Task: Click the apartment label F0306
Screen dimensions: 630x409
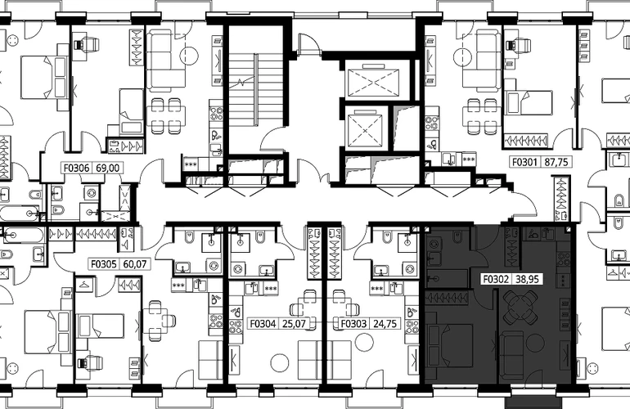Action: pos(77,168)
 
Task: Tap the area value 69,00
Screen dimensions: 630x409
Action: pos(108,168)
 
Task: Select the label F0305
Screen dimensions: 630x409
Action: pos(103,264)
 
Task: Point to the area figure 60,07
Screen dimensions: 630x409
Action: pos(134,264)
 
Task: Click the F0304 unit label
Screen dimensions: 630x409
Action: pos(263,323)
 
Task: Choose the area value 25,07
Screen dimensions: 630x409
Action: pos(294,323)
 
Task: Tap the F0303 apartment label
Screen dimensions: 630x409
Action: pos(354,323)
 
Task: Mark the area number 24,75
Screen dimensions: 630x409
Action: pos(385,323)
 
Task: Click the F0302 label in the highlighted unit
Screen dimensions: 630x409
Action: pos(496,279)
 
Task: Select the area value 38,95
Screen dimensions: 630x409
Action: pos(527,279)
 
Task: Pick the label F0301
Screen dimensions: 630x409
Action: pos(524,162)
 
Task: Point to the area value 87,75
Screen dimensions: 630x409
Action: pos(556,162)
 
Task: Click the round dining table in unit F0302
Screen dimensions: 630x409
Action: pos(520,308)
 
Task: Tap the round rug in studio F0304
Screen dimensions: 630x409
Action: pos(280,362)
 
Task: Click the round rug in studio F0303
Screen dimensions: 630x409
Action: pos(365,344)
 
